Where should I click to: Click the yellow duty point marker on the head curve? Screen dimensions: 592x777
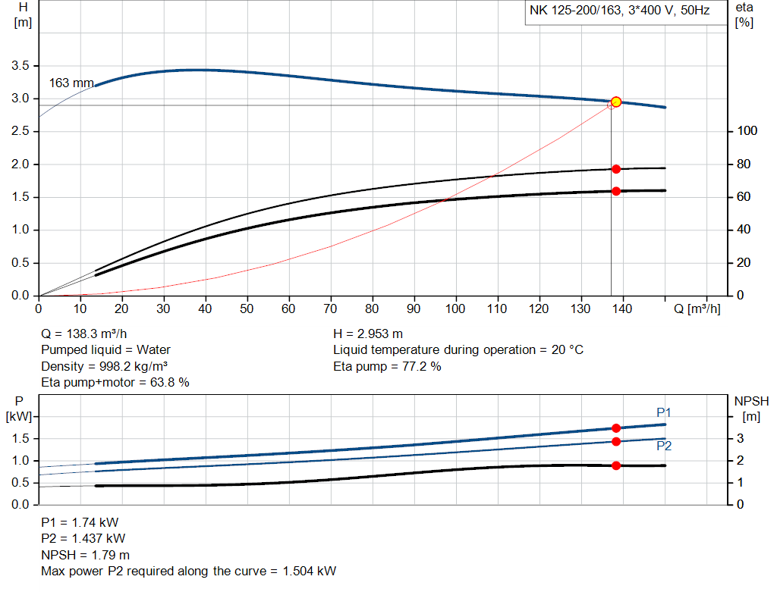[x=616, y=102]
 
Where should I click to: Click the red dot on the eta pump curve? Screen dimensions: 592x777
[x=616, y=169]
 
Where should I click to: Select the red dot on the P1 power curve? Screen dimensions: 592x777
[x=616, y=428]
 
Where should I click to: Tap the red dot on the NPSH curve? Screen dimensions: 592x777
[x=616, y=465]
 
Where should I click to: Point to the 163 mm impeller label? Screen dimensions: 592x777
[x=71, y=83]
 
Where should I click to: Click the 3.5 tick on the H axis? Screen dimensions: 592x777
[x=20, y=66]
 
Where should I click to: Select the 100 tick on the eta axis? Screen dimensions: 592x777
[x=747, y=132]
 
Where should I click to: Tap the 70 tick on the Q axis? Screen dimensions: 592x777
[x=331, y=309]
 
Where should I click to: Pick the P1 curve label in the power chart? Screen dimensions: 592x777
[x=664, y=412]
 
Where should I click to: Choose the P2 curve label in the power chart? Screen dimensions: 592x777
[x=664, y=446]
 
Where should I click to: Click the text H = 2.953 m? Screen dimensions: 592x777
[x=368, y=334]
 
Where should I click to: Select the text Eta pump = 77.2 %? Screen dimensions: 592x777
[x=387, y=367]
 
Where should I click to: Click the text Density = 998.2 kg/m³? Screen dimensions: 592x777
[x=105, y=367]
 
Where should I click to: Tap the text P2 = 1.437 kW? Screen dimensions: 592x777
[x=83, y=539]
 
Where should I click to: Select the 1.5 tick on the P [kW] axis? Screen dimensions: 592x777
[x=20, y=439]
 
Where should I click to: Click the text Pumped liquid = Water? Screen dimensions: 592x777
[x=105, y=350]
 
